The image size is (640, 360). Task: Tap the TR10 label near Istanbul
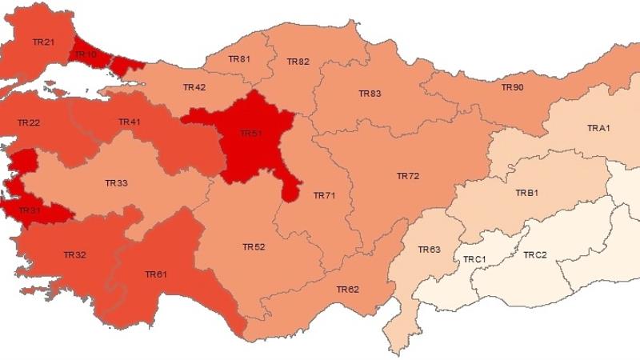tap(85, 55)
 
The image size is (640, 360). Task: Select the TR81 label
tap(239, 58)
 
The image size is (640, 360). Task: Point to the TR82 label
tap(298, 62)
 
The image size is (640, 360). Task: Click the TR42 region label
tap(194, 87)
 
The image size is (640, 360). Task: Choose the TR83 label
tap(370, 94)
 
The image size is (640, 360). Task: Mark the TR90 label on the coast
tap(512, 86)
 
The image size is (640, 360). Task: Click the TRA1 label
tap(598, 128)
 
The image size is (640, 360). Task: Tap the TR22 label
tap(29, 122)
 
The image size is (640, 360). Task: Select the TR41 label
tap(130, 122)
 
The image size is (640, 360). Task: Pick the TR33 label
tap(116, 183)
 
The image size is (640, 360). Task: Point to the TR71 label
tap(324, 195)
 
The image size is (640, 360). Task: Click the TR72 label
tap(408, 175)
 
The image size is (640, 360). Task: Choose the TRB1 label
tap(526, 193)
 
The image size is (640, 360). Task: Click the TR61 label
tap(156, 274)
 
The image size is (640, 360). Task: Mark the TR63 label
tap(430, 250)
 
